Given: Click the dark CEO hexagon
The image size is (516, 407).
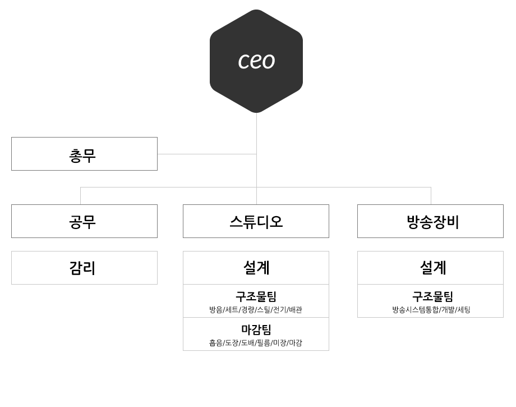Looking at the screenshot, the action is coord(256,61).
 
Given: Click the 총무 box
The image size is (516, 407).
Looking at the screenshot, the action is coord(84,154).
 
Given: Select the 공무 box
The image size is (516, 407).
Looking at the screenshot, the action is coord(84,221).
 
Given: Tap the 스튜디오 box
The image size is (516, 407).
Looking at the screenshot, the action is coord(256,221).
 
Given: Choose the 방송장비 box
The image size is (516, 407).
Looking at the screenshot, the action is coord(430,221).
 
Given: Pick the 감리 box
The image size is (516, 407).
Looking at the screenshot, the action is coord(84,268).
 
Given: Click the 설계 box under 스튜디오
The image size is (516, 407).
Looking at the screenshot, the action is coord(256,268).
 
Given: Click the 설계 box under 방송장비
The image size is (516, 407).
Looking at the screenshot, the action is coord(430,268).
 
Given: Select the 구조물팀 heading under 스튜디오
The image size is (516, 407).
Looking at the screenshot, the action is coord(256,296).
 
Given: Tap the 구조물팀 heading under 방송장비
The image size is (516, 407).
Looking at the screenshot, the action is coord(433,296).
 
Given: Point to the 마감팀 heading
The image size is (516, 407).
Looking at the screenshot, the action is coord(256,330).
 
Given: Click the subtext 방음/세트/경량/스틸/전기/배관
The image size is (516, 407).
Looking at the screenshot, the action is coord(256,310).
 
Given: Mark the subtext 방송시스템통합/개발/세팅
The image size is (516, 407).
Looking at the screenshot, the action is coord(431,310).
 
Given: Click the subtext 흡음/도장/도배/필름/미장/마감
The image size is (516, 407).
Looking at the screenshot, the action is coord(256,343).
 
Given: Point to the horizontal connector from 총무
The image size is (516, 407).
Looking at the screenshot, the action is coord(207,154).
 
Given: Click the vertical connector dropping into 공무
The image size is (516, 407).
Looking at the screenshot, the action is coord(81,196).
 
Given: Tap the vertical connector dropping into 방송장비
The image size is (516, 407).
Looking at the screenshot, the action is coord(431,196).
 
